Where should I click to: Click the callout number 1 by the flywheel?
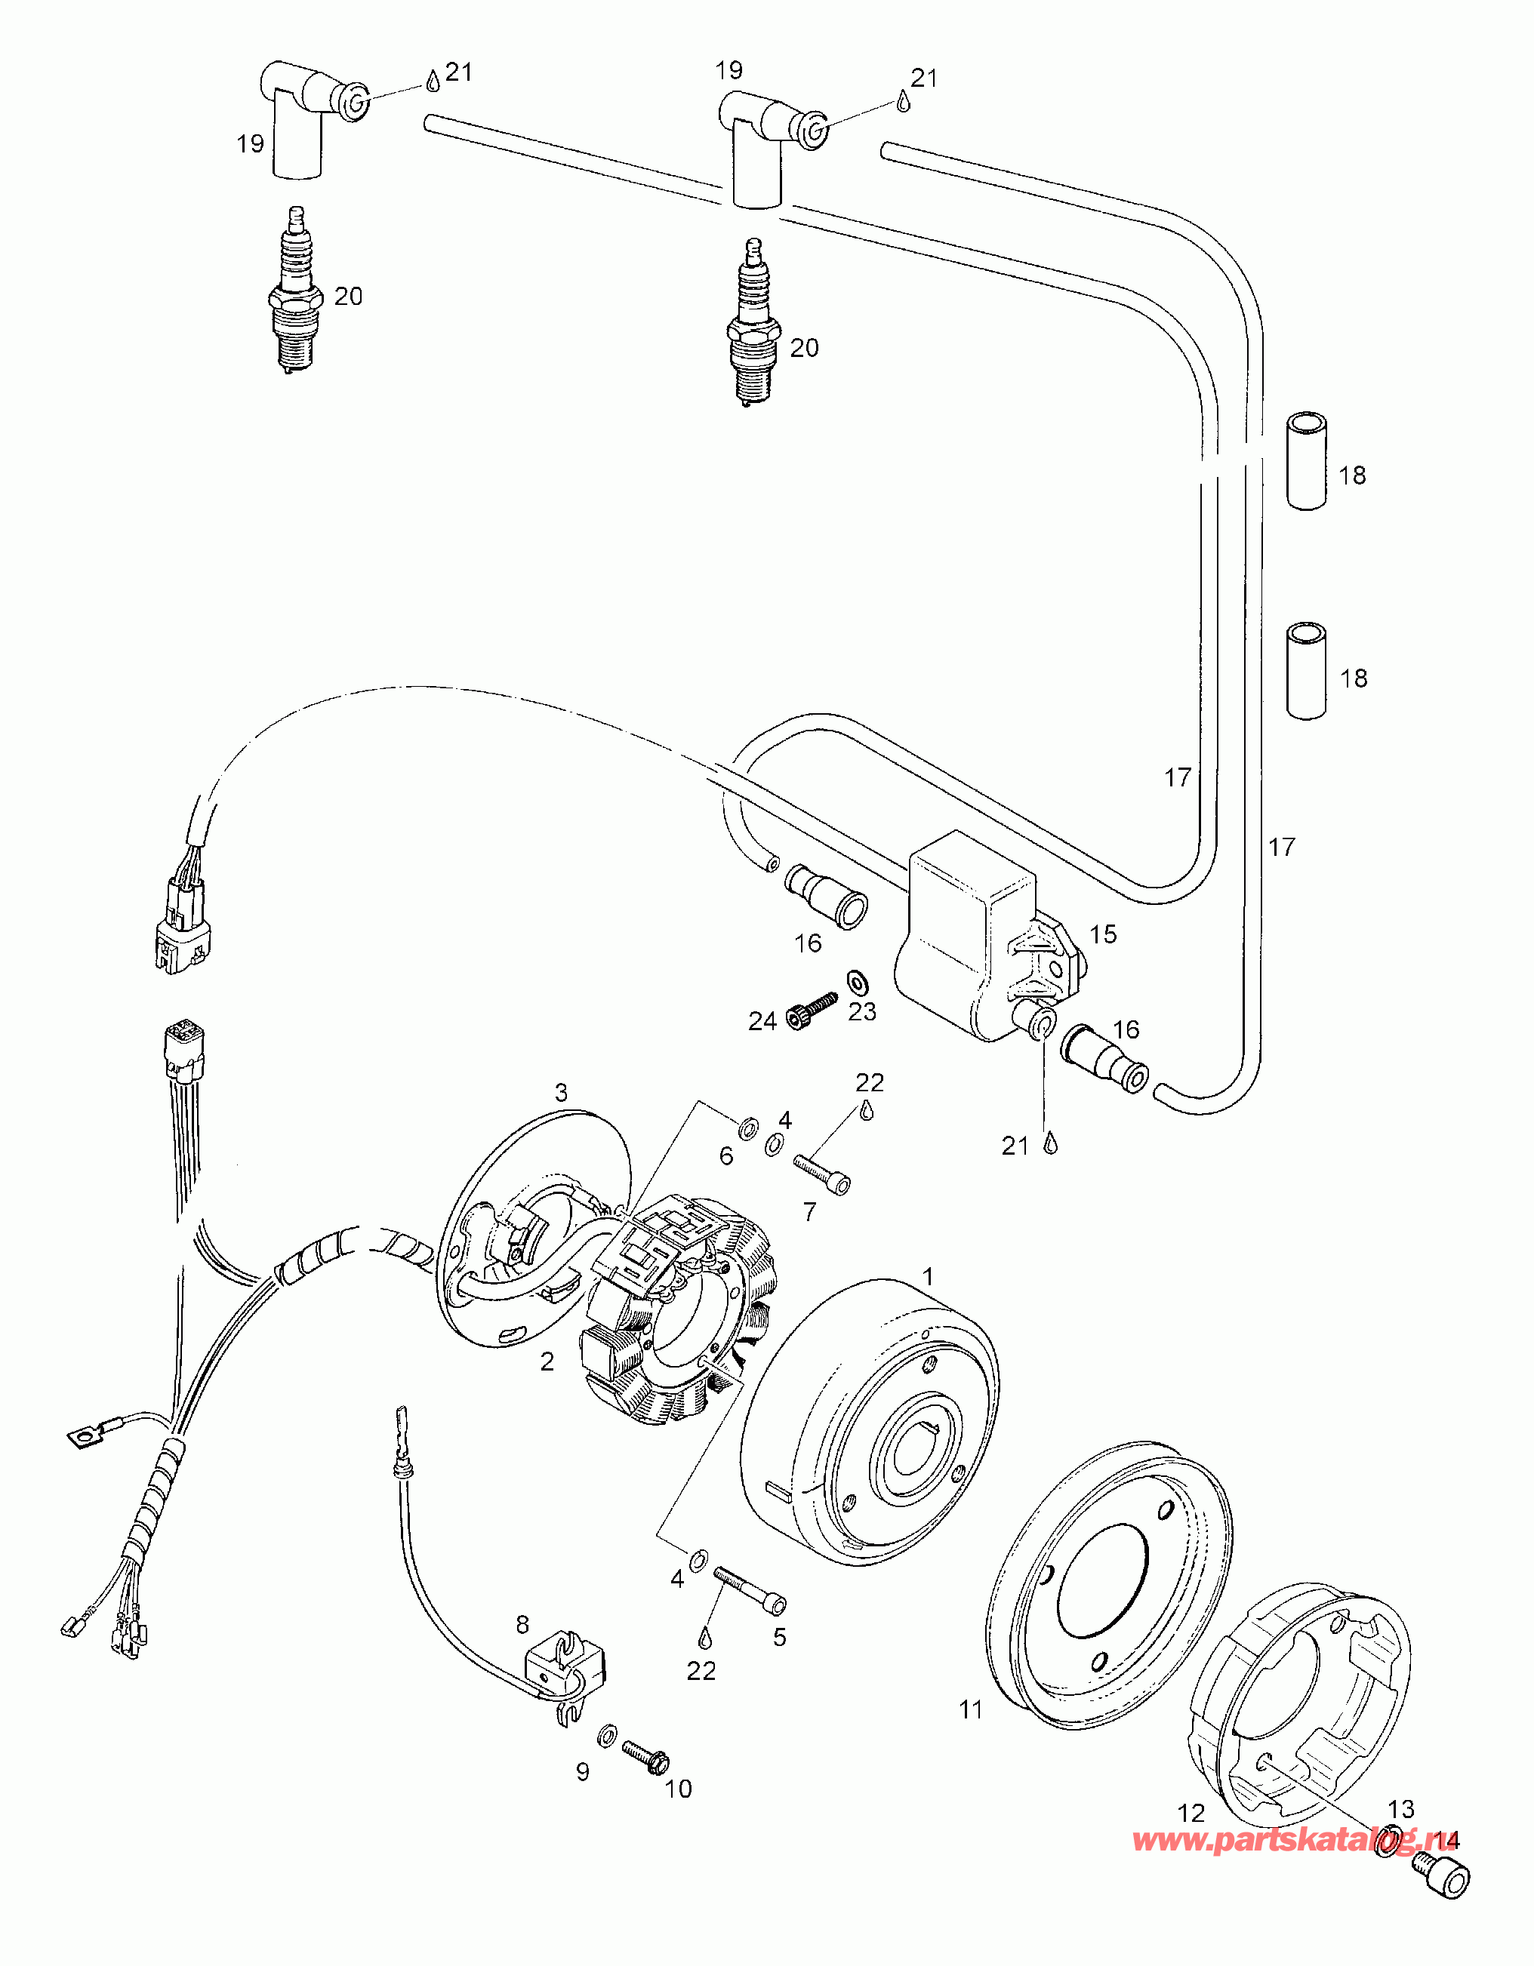928,1276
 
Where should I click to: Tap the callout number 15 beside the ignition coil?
1103,934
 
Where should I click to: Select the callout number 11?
971,1709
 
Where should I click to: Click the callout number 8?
523,1625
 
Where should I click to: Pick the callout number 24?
762,1021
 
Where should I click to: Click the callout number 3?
561,1093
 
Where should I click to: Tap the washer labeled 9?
607,1733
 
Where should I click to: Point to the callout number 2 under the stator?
547,1362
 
